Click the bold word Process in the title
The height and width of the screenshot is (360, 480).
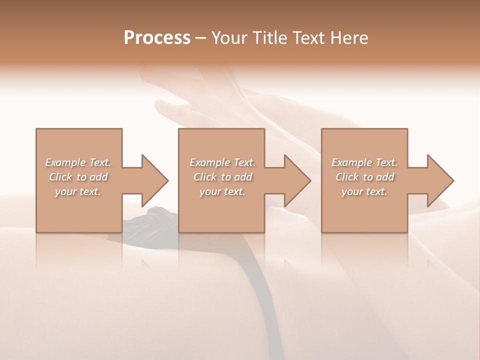point(157,38)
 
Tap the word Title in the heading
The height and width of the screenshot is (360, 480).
point(270,38)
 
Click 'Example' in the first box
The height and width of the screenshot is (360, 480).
point(65,162)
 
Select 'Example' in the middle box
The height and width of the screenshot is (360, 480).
point(209,162)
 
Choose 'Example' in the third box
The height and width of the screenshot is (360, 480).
point(351,162)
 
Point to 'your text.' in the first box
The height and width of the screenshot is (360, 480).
point(78,191)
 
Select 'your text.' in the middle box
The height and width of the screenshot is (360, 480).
point(222,191)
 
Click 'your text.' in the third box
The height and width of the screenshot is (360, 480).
point(364,191)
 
